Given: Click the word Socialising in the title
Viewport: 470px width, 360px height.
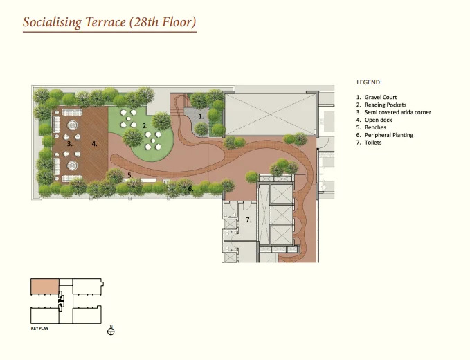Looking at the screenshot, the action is [52, 22].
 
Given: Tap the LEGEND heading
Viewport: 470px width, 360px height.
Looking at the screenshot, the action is [369, 82].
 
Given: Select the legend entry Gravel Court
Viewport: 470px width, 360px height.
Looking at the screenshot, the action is [381, 97].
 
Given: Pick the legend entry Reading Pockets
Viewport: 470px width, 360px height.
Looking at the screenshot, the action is [385, 105].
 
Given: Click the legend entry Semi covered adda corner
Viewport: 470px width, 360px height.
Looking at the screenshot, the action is [398, 112].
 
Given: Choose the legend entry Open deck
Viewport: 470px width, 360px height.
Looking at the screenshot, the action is [378, 120].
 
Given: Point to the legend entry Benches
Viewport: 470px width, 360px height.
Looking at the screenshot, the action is [375, 127].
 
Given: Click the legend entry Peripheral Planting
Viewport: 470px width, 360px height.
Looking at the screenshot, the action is [389, 135].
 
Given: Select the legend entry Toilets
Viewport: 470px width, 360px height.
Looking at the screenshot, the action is [373, 143].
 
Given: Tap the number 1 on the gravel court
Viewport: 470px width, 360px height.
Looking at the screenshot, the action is [201, 116].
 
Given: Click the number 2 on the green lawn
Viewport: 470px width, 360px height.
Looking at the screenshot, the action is [145, 126].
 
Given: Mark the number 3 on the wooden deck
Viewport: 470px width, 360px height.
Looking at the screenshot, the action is [69, 144].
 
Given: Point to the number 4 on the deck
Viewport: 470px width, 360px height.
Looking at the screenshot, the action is [94, 144].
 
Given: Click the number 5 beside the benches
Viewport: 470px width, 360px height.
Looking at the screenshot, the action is [130, 175].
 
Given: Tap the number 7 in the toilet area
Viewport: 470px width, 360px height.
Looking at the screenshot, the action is [248, 220].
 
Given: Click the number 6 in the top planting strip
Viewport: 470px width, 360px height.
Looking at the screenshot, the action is [109, 98].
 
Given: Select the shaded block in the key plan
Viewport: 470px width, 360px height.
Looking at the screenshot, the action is [45, 286].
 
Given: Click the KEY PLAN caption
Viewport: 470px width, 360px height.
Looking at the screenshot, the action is [39, 328].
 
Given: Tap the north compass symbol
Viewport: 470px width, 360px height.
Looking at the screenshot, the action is [111, 331].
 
